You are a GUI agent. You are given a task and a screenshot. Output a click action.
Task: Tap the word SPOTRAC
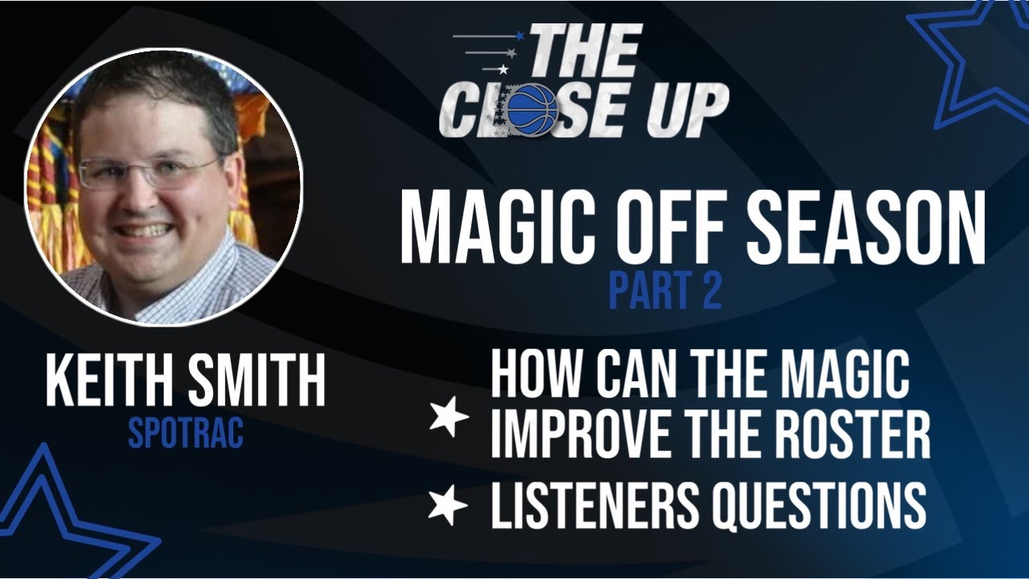(186, 433)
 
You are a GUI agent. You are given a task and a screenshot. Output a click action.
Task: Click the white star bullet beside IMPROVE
(449, 416)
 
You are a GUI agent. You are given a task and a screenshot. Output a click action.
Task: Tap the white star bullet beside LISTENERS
(448, 504)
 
